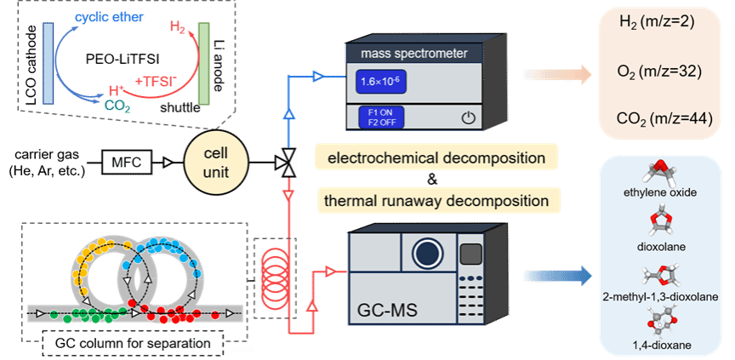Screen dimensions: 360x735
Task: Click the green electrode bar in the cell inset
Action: [204, 64]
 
